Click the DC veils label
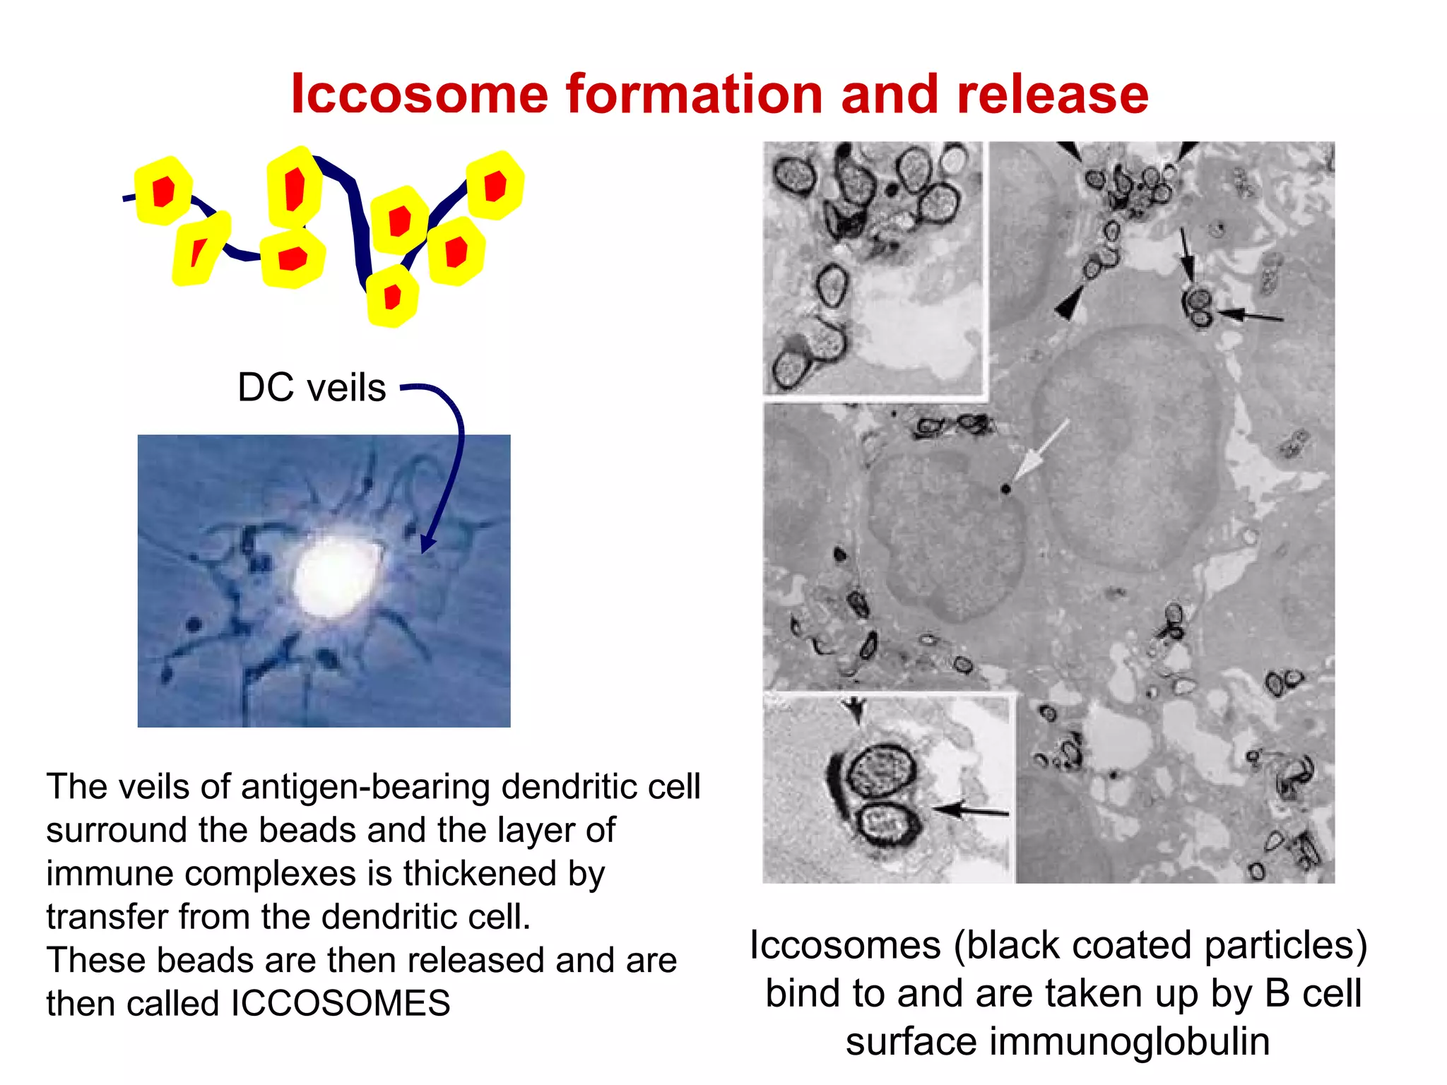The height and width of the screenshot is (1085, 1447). coord(312,388)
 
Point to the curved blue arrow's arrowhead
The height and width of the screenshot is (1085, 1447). coord(427,544)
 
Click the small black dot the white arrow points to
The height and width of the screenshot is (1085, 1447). coord(1005,489)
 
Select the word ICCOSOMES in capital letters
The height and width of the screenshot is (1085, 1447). coord(341,1004)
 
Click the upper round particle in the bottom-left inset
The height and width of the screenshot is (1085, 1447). coord(880,772)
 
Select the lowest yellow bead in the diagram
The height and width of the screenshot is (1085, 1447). coord(392,296)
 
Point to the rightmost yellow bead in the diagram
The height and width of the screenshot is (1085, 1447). coord(495,185)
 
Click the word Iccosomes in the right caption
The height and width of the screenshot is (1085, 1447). coord(845,945)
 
